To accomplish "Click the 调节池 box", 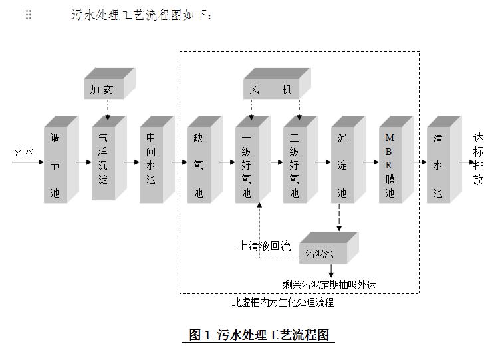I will [x=55, y=164].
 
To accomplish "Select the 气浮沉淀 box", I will [x=103, y=162].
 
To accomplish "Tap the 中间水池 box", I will [x=151, y=164].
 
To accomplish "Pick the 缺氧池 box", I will [x=199, y=164].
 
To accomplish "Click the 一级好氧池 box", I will [x=247, y=164].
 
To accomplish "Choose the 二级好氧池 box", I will [x=295, y=164].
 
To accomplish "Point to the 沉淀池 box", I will [x=342, y=164].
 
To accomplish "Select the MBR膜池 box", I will [x=390, y=164].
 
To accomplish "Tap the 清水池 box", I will [x=438, y=164].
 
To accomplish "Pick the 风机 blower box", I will [x=271, y=89].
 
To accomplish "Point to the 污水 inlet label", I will [x=24, y=152].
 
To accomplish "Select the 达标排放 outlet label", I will [x=479, y=159].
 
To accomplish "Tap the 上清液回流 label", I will [x=264, y=245].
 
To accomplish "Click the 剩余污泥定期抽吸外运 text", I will [x=329, y=285].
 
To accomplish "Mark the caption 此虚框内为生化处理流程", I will [x=283, y=303].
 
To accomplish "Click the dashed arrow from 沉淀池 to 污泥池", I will [x=339, y=218].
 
